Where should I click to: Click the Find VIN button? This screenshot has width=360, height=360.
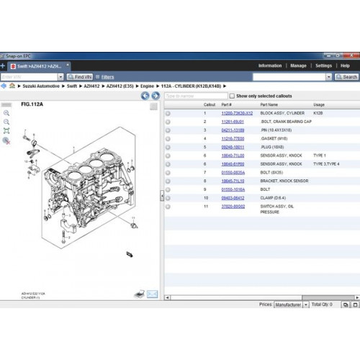click(80, 76)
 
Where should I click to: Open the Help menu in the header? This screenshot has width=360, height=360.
click(345, 66)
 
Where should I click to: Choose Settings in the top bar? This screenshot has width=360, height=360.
click(323, 66)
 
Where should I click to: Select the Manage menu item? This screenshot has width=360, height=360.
click(298, 66)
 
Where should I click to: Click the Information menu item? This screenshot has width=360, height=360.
click(270, 66)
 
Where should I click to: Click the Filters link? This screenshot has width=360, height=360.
click(107, 76)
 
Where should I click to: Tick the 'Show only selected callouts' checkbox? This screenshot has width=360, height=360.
click(232, 95)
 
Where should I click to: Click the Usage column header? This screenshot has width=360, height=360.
click(319, 104)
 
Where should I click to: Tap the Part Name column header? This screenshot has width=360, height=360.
click(270, 104)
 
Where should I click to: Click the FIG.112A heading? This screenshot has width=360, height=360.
click(32, 105)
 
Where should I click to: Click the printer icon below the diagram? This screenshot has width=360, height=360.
click(140, 294)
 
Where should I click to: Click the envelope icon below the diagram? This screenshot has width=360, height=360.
click(153, 294)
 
